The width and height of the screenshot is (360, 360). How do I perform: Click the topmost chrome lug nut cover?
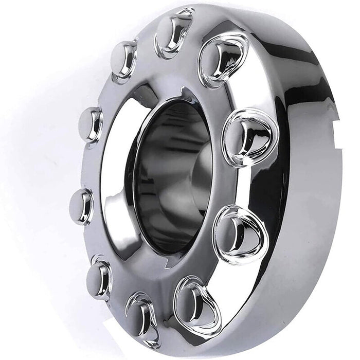(x=175, y=32)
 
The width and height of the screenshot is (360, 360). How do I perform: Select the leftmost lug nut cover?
(x=82, y=206)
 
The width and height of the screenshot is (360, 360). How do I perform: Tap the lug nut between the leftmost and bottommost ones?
(x=99, y=278)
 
